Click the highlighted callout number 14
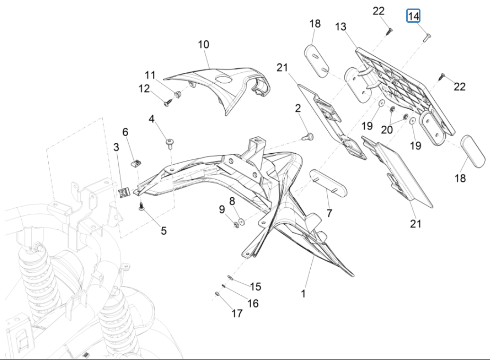[413, 17]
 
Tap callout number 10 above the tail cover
[203, 45]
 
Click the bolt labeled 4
[169, 141]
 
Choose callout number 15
[255, 287]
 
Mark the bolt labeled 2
[309, 136]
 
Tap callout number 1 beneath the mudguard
[303, 293]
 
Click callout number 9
[222, 209]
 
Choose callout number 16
[253, 303]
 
